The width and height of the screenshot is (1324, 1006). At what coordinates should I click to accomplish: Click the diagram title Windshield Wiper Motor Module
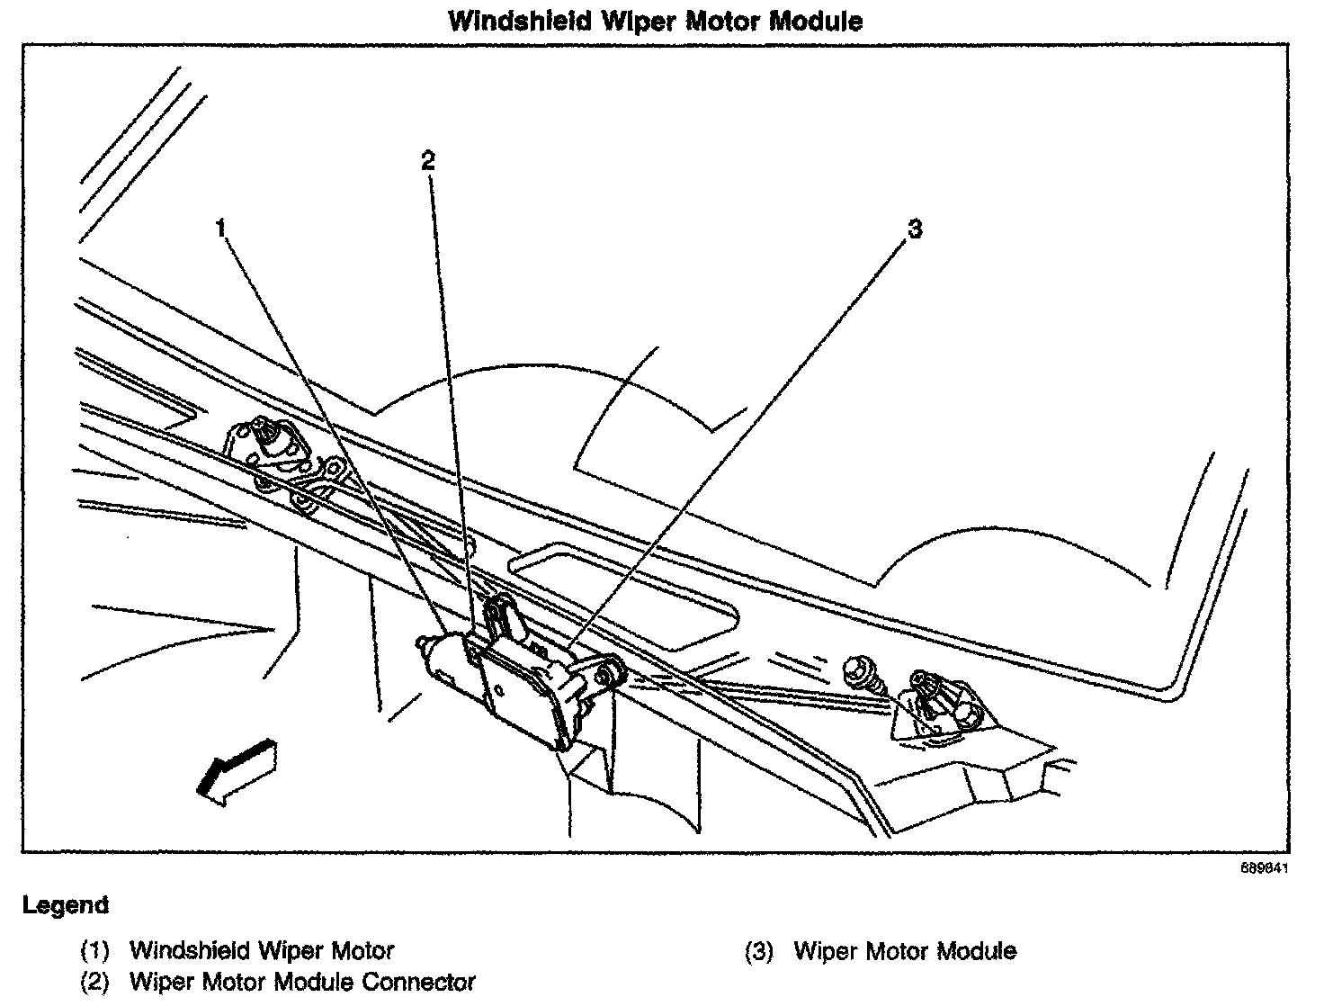[x=655, y=22]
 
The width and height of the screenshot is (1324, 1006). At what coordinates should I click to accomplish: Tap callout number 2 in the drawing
[x=428, y=161]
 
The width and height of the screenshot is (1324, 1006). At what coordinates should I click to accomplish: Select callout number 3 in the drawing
[x=915, y=229]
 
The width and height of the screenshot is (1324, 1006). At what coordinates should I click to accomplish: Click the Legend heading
[x=66, y=905]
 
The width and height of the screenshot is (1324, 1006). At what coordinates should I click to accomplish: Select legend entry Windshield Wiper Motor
[x=262, y=951]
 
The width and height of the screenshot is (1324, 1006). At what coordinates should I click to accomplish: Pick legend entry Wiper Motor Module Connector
[x=302, y=982]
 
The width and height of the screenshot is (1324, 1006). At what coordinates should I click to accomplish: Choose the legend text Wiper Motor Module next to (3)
[x=905, y=951]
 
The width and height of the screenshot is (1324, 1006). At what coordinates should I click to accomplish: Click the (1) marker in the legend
[x=94, y=951]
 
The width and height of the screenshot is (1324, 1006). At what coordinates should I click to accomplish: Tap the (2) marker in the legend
[x=94, y=982]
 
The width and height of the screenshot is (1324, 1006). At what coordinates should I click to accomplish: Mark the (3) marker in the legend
[x=759, y=952]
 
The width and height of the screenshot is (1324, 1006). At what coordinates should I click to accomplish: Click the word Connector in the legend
[x=418, y=982]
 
